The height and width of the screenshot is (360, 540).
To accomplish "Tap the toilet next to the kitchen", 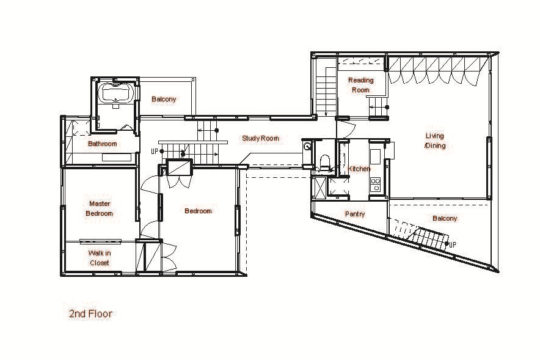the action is point(325,163).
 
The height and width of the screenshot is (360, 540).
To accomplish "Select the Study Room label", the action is point(260,139).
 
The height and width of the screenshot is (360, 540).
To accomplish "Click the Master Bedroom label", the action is point(99,208).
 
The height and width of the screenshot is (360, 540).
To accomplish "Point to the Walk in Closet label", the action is point(99,258).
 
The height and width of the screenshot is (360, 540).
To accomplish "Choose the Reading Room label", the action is point(360,85).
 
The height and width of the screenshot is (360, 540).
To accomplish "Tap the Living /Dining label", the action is point(435,141).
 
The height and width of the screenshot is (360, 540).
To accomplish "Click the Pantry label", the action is point(355,214).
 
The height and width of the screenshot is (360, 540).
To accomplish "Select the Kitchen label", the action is point(359,169).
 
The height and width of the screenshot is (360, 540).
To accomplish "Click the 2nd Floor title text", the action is point(90,314).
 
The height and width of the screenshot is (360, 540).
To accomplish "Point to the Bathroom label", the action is point(102,144).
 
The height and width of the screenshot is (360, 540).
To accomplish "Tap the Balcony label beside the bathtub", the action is point(164,99).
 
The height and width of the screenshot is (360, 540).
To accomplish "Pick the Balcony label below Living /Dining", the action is point(445,218).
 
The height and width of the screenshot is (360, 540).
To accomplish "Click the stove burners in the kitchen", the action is point(376,185).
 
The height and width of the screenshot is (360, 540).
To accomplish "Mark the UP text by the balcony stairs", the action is point(453,244).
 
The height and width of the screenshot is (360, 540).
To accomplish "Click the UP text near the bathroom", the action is point(155,151).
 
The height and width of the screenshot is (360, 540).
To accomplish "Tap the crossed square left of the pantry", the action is point(319,188).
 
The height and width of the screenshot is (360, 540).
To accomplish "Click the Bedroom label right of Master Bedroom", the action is point(198,211).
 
